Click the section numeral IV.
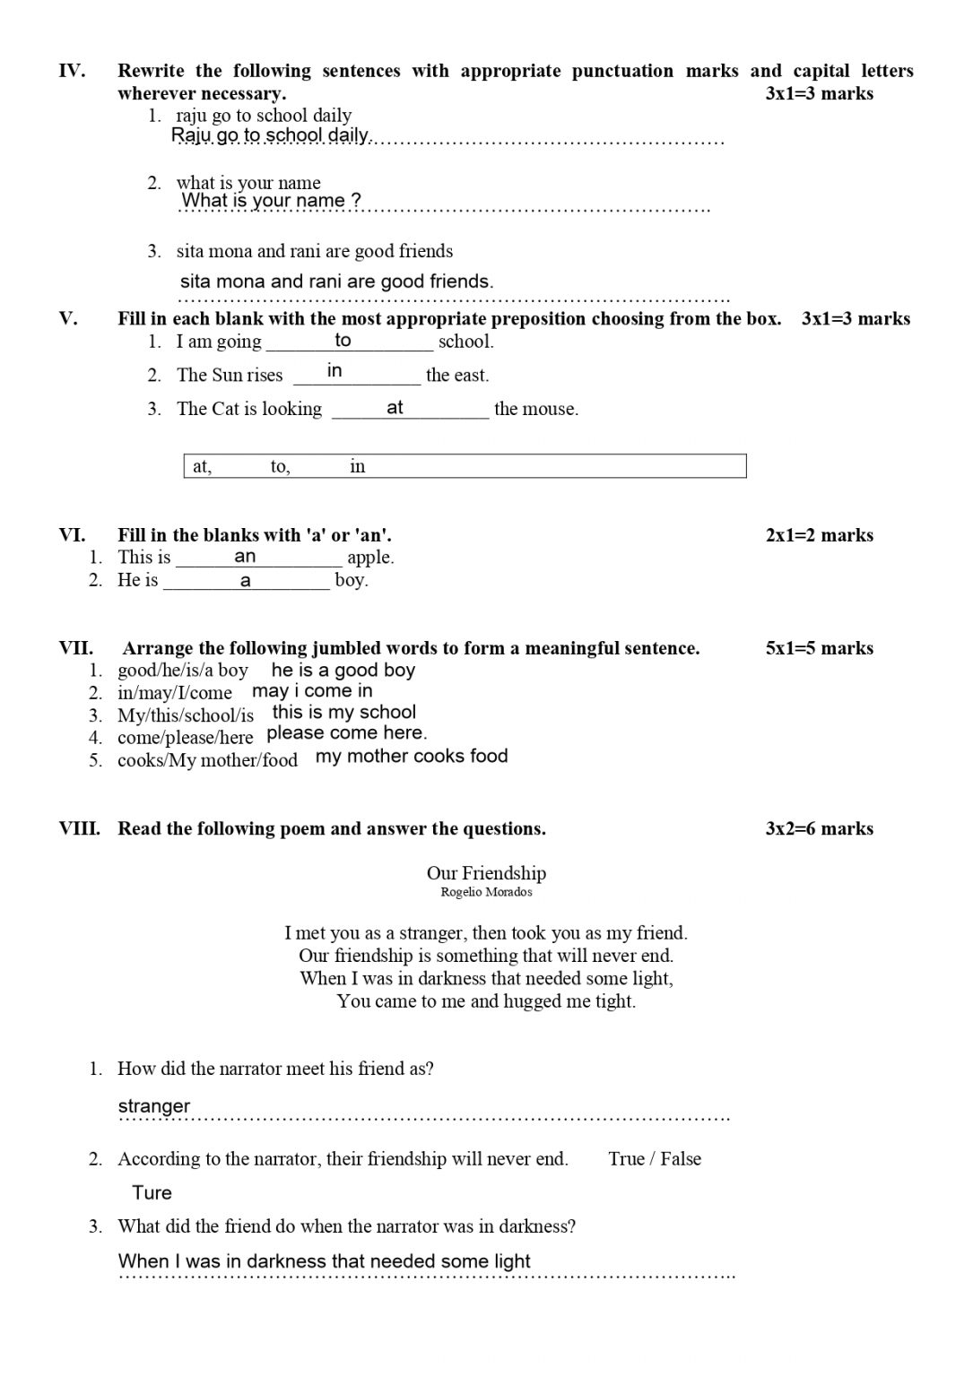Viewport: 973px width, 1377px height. (x=72, y=71)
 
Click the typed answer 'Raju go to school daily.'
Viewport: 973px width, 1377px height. (x=270, y=135)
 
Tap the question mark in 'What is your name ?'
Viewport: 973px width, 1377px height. (x=356, y=201)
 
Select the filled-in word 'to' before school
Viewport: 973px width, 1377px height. (x=343, y=340)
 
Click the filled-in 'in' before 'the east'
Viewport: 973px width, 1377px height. (x=334, y=370)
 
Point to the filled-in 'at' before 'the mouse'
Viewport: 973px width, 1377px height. (x=395, y=408)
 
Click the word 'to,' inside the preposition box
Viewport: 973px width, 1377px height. (x=280, y=466)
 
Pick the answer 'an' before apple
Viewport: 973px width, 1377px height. (x=245, y=557)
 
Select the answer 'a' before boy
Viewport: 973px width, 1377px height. (x=246, y=581)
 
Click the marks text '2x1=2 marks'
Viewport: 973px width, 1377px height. (x=819, y=535)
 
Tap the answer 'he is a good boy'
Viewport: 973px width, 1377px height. (x=343, y=671)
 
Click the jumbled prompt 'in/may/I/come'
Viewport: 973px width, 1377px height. (x=174, y=693)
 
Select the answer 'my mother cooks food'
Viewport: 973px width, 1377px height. (x=412, y=756)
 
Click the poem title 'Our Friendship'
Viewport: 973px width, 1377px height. (x=486, y=873)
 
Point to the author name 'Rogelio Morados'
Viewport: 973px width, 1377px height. (x=486, y=892)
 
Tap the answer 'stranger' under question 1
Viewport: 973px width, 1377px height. (x=154, y=1106)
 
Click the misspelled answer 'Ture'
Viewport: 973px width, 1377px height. (x=152, y=1193)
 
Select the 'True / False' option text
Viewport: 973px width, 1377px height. (x=654, y=1159)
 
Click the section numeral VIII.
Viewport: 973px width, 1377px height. (x=79, y=828)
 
